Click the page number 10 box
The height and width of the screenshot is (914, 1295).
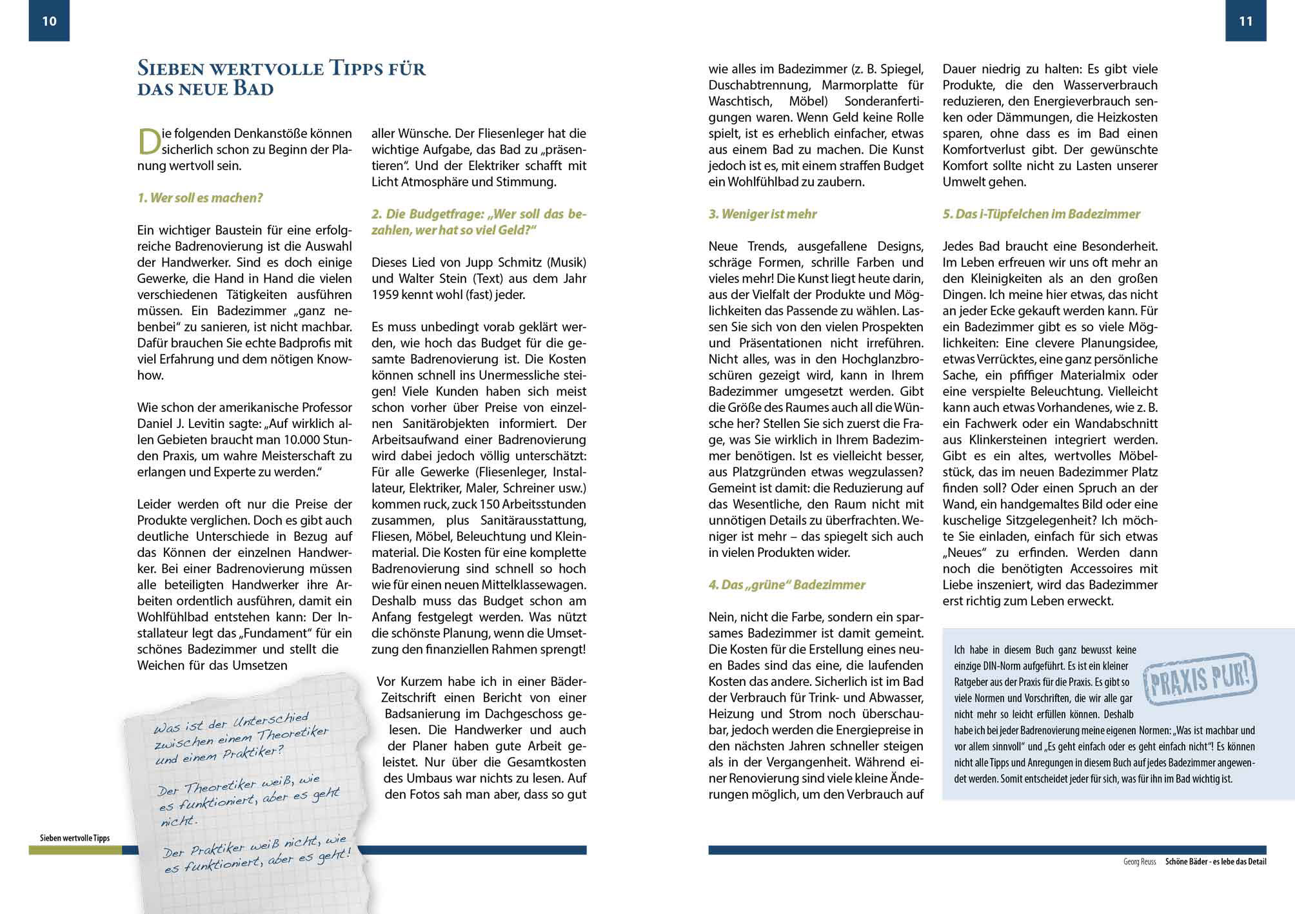[49, 21]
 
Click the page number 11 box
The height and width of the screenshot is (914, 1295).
[1245, 21]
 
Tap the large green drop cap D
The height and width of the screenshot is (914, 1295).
[148, 142]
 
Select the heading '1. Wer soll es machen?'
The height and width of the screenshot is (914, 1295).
[200, 198]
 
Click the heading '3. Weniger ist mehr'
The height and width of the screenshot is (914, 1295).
[762, 214]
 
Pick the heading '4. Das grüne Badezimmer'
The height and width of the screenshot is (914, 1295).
[786, 585]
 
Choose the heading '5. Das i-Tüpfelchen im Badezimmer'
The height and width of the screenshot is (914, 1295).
[1041, 214]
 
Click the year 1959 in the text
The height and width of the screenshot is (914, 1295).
[386, 295]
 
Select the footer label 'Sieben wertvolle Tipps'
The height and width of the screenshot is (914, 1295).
[75, 838]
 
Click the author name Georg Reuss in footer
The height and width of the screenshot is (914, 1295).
[1140, 862]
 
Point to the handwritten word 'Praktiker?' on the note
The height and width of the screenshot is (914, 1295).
[253, 752]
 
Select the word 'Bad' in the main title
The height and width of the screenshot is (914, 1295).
[253, 88]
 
